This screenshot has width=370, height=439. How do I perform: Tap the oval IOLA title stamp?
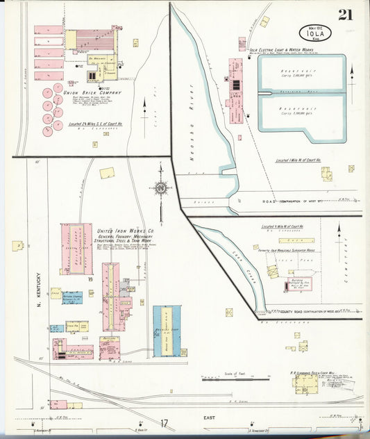click(x=316, y=33)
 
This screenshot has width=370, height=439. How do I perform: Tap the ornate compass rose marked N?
click(x=160, y=188)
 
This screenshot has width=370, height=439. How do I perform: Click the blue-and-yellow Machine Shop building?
click(x=167, y=331)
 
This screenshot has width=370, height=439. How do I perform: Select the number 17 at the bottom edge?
click(x=164, y=423)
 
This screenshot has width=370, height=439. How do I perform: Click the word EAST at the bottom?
click(x=209, y=417)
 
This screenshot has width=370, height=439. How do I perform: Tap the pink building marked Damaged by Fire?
click(x=299, y=284)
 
